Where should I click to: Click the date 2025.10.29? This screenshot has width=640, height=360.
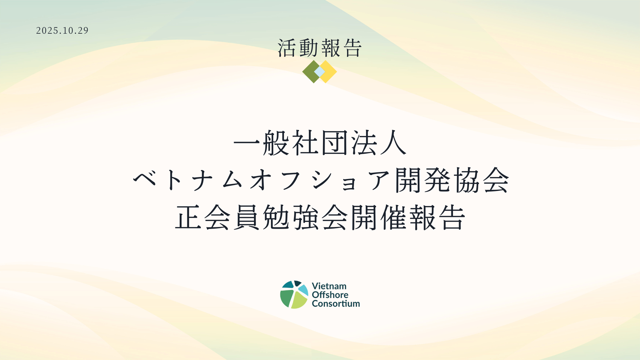click(62, 31)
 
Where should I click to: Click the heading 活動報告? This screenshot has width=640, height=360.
click(320, 48)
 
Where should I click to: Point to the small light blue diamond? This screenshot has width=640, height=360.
click(320, 72)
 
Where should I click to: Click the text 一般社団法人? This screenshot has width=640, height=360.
click(320, 143)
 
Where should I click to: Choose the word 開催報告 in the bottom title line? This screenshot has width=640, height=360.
click(408, 217)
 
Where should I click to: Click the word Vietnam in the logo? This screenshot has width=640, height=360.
click(329, 286)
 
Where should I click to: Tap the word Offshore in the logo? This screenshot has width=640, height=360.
click(330, 295)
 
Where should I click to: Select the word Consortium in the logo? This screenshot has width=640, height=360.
click(336, 303)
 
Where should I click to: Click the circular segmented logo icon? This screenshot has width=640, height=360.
click(294, 295)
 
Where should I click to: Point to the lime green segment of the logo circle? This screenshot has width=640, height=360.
click(299, 301)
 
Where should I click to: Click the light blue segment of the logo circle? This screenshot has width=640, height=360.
click(303, 289)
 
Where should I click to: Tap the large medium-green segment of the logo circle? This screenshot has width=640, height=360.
click(286, 298)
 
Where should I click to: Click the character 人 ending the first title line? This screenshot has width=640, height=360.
click(393, 143)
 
